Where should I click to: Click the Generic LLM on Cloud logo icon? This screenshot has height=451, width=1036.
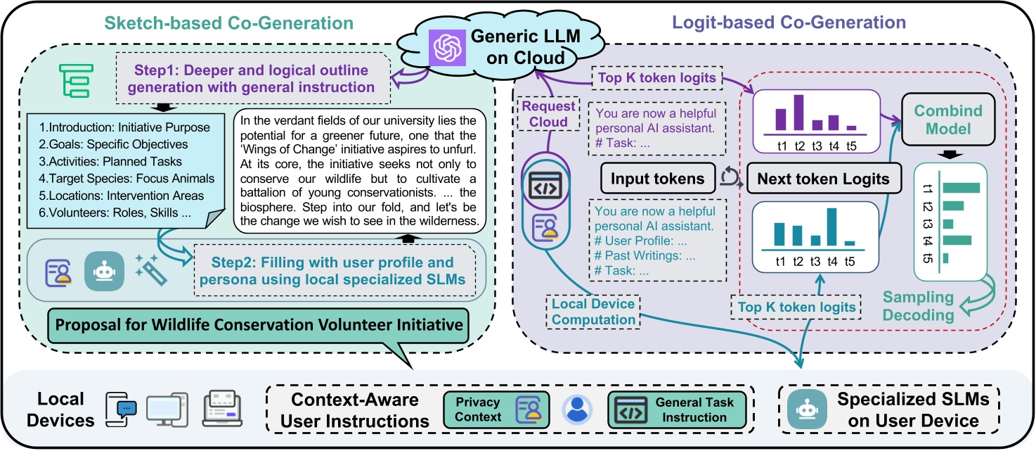[447, 48]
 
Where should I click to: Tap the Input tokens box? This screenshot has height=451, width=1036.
[658, 178]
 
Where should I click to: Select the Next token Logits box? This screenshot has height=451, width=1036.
[824, 178]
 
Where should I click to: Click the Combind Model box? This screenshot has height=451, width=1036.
[948, 120]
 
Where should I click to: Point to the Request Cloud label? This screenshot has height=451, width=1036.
[548, 114]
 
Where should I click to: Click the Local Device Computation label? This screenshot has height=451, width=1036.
[593, 312]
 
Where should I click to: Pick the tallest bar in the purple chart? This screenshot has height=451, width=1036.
[798, 113]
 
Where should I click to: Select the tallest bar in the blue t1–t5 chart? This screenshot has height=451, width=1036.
[831, 227]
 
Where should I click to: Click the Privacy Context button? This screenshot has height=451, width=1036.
[496, 409]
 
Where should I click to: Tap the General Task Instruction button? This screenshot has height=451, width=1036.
[677, 409]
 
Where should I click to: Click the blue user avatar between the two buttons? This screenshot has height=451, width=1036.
[577, 409]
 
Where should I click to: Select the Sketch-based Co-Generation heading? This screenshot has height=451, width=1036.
[229, 23]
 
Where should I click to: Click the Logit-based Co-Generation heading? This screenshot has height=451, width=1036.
[789, 23]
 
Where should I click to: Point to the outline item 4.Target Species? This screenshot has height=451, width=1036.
[127, 178]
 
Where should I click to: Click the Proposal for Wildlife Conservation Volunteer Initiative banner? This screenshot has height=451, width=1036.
[259, 325]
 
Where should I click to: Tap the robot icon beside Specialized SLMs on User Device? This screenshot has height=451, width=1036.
[807, 409]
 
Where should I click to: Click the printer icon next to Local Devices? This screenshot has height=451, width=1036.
[223, 408]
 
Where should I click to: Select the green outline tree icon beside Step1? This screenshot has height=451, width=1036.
[77, 81]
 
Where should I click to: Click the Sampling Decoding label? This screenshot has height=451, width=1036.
[918, 306]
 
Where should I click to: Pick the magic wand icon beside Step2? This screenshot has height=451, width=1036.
[151, 270]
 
